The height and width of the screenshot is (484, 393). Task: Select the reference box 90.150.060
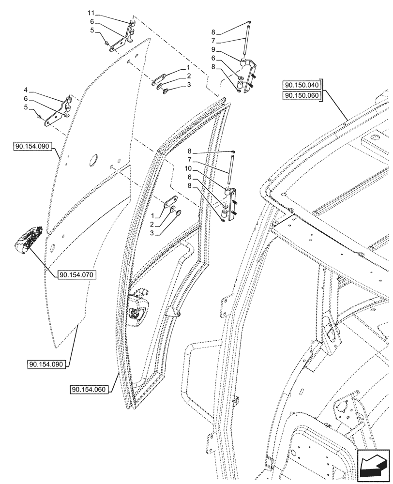(x=302, y=95)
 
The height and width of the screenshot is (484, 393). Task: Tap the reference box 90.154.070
(x=77, y=275)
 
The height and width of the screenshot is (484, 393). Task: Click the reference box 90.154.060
(x=90, y=390)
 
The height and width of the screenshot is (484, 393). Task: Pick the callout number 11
(x=92, y=12)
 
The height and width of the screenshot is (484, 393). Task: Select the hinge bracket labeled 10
(x=229, y=203)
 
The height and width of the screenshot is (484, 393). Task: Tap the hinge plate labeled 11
(x=123, y=39)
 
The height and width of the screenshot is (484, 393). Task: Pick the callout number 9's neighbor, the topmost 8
(x=213, y=32)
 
